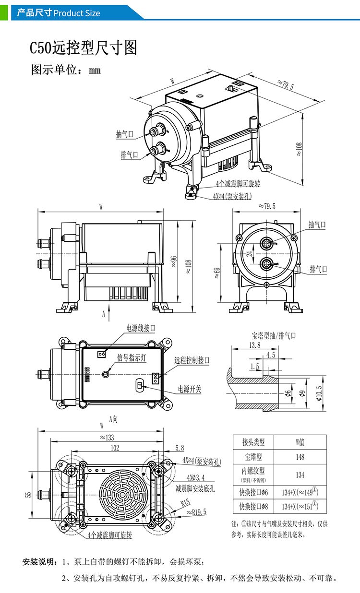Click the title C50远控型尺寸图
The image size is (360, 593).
click(84, 48)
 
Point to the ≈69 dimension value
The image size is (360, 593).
click(217, 273)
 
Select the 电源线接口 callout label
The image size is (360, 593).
click(141, 328)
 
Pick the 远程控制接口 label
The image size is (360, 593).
click(192, 360)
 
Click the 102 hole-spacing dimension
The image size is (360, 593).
click(115, 448)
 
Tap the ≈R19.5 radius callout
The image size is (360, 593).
click(196, 512)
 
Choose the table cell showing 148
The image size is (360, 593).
click(300, 457)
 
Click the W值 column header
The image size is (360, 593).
click(300, 442)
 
